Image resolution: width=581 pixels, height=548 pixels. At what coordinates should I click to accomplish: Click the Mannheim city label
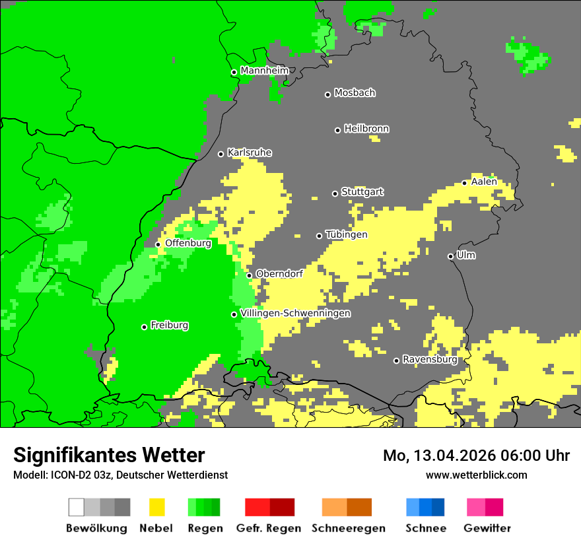pos(265,71)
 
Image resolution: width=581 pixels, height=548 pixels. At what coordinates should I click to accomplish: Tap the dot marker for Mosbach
pos(327,94)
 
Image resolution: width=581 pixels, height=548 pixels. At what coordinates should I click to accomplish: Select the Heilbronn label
pos(366,129)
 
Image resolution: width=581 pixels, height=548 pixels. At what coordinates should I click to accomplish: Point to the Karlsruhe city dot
pos(221,154)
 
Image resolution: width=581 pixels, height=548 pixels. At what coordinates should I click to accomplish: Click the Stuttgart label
pos(362,192)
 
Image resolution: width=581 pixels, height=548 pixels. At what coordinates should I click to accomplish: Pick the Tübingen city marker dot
pos(320,236)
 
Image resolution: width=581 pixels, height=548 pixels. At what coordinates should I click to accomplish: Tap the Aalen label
pos(484,182)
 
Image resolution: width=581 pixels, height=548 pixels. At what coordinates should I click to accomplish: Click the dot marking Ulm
pos(451,256)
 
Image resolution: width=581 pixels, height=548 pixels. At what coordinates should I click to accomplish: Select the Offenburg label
pos(188,243)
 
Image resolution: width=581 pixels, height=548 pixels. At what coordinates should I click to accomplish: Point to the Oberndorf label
pos(279,273)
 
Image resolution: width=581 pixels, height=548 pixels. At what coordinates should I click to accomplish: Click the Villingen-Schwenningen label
pos(296,313)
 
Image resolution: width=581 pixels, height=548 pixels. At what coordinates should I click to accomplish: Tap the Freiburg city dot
pos(144,327)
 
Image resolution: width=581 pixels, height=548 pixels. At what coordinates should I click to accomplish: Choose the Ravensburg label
pos(430,360)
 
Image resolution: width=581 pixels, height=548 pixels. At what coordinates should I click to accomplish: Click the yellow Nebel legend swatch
pos(156,507)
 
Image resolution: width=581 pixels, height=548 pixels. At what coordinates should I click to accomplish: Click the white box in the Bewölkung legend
pos(77,507)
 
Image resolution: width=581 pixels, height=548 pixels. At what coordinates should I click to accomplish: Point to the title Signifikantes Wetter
pos(109,456)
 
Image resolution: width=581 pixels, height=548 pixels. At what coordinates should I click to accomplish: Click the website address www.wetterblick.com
pos(476,475)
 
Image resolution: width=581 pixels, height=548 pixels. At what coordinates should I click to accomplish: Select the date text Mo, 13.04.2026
pos(440,456)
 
